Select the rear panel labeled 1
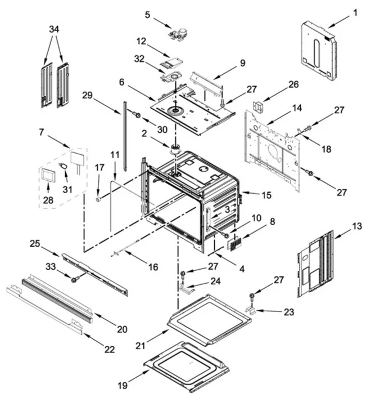click(x=319, y=51)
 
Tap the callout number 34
click(x=54, y=29)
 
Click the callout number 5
click(x=147, y=15)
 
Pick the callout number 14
click(x=296, y=107)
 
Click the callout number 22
click(x=109, y=349)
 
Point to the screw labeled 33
click(x=74, y=279)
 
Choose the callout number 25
click(x=35, y=243)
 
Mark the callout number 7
click(x=41, y=132)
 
